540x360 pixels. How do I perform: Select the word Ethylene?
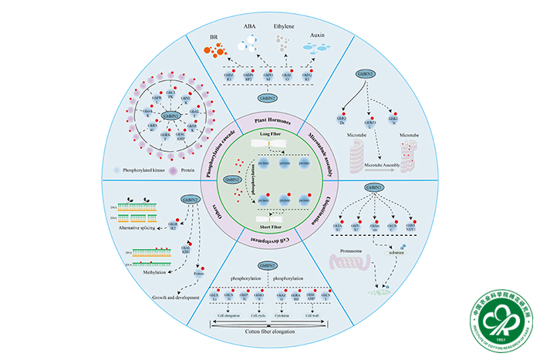tap(290, 28)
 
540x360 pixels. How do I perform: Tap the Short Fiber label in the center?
tap(269, 227)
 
